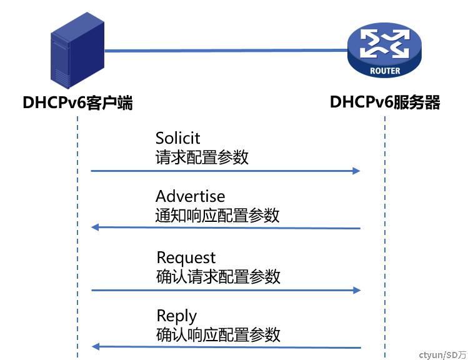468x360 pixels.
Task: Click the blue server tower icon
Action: [77, 51]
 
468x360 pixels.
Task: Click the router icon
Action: [385, 50]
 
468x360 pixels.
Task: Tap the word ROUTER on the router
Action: [385, 71]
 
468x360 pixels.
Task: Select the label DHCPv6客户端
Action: [77, 102]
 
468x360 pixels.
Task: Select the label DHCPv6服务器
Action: [385, 102]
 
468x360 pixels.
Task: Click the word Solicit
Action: [177, 138]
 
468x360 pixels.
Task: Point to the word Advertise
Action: [190, 196]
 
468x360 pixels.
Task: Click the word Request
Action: [186, 257]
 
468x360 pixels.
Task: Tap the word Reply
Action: [177, 316]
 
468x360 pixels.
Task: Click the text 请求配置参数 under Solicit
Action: [202, 157]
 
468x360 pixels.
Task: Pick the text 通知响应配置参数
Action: [217, 215]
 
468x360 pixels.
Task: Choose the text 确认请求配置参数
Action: [218, 276]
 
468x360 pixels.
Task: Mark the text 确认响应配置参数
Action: [218, 334]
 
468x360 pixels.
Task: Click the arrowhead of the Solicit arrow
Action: [356, 171]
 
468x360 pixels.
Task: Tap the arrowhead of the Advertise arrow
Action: [95, 227]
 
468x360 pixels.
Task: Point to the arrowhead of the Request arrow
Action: [357, 290]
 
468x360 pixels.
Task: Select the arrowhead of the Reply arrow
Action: [96, 347]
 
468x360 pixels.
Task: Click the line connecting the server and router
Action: [226, 51]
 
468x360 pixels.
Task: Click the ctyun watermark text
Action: [442, 355]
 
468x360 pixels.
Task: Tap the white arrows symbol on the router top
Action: [385, 44]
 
